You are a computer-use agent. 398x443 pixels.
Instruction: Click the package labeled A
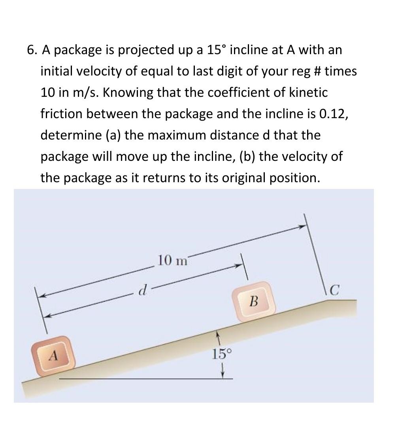[x=54, y=356]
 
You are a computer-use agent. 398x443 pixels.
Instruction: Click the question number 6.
[x=31, y=50]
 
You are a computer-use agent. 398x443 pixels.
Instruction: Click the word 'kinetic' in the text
[x=308, y=93]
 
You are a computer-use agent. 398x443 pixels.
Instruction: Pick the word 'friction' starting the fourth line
[x=62, y=114]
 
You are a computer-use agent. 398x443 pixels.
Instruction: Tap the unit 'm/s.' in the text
[x=87, y=93]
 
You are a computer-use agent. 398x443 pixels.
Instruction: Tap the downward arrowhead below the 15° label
[x=223, y=373]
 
